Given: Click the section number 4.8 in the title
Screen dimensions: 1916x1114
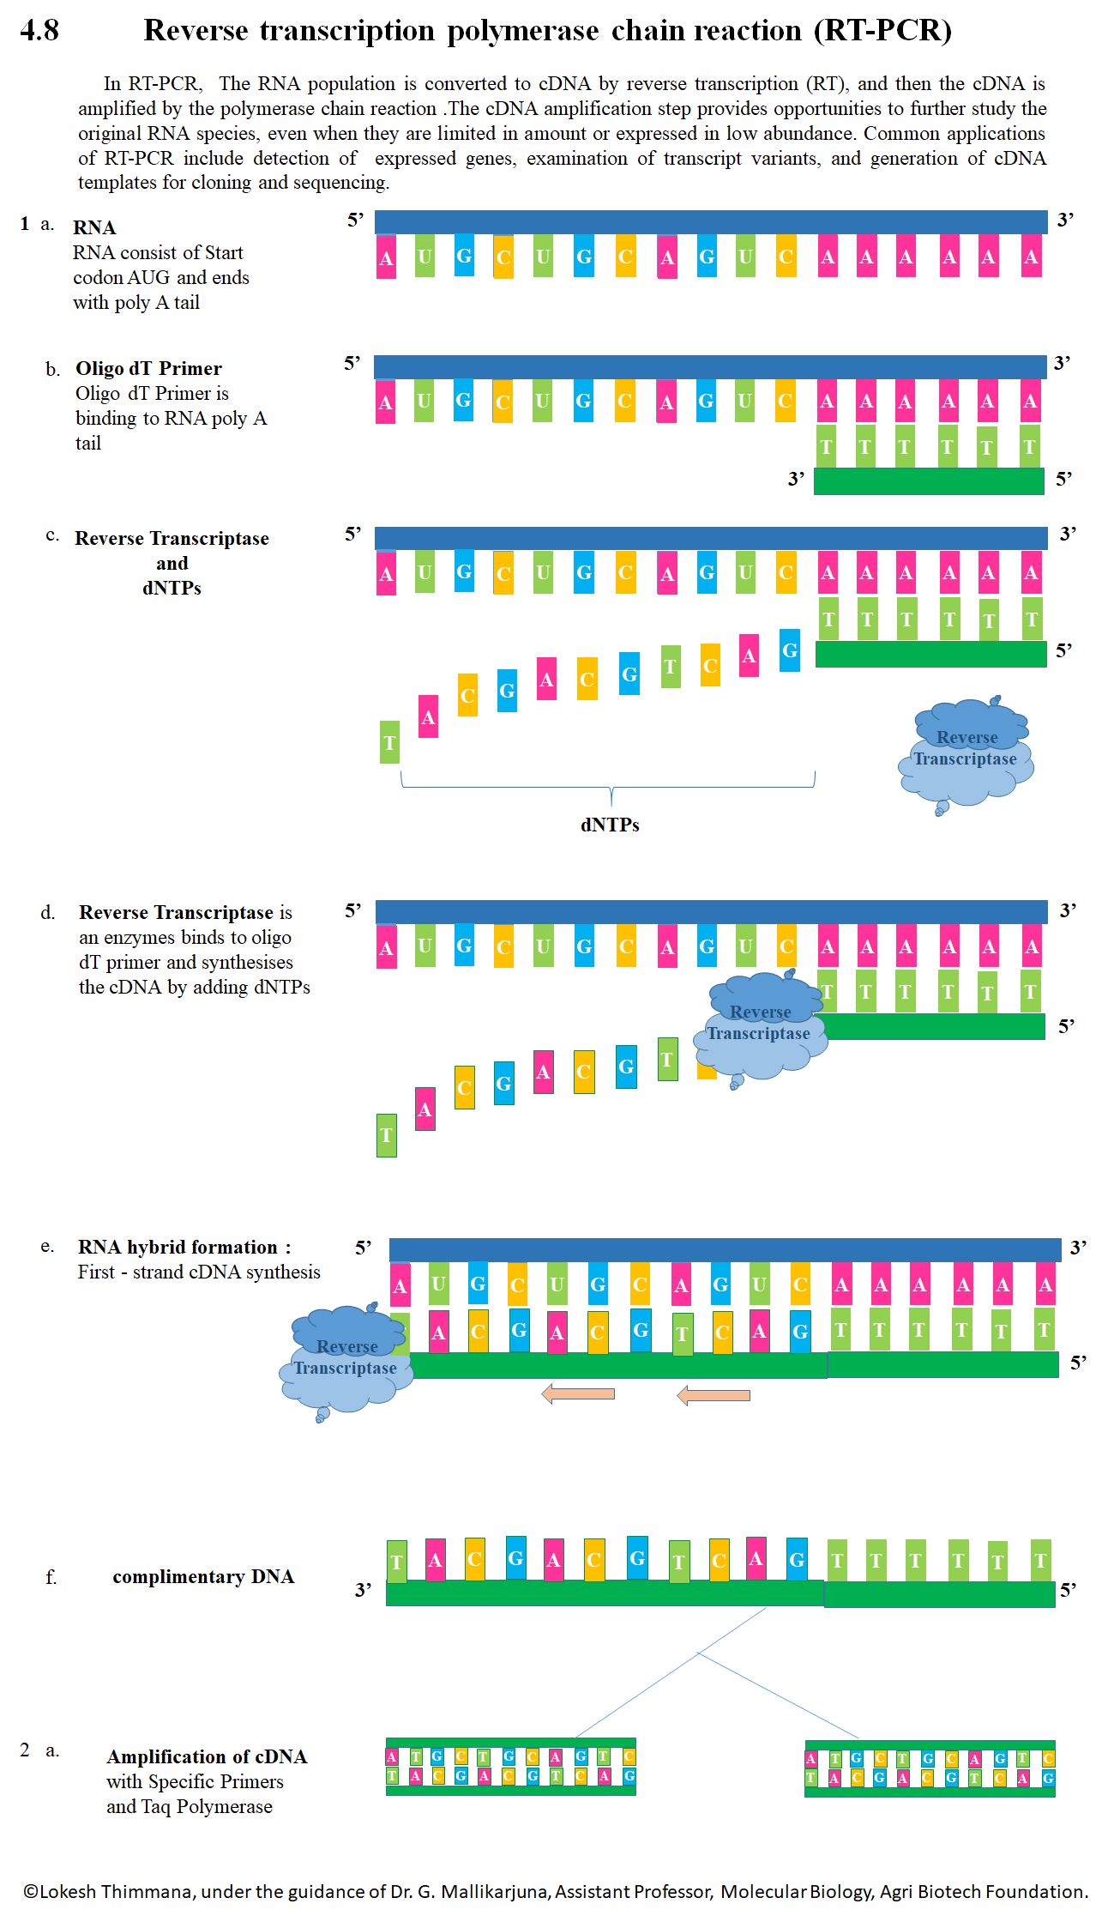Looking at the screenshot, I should [39, 31].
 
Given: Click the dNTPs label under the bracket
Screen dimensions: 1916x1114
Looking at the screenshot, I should [610, 825].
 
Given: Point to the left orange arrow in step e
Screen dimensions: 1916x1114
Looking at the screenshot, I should [579, 1393].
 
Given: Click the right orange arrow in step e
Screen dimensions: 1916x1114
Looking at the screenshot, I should [714, 1395].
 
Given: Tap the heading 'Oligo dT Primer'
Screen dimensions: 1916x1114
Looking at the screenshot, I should [148, 369].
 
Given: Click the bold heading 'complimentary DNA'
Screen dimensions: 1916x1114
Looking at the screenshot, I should [203, 1576].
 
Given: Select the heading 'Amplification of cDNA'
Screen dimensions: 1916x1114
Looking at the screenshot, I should [207, 1756].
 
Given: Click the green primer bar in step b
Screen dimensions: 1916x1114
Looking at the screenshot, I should [929, 481].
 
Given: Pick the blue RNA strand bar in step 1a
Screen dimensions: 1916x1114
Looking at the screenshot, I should [711, 221].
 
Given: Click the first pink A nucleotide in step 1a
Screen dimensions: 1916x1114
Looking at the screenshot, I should [387, 257].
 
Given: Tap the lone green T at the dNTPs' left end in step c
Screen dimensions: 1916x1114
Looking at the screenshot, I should [389, 742].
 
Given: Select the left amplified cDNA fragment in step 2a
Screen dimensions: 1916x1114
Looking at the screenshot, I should [511, 1767].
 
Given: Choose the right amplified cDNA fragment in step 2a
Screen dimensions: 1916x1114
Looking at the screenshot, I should [930, 1768].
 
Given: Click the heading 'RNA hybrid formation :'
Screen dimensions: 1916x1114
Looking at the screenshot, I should [184, 1247].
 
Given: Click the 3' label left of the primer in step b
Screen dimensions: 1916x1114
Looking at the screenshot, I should [797, 479].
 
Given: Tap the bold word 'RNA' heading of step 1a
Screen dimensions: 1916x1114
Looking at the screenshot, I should [94, 227].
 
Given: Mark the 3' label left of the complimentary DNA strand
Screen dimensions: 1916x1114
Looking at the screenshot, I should [364, 1590].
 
